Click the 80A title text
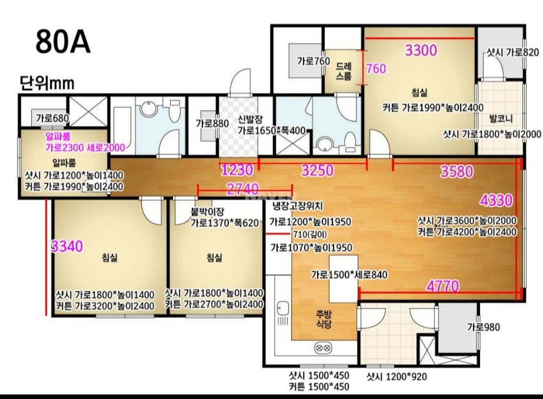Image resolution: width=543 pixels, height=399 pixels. (x=63, y=41)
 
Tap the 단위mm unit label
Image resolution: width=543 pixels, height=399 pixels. (x=47, y=83)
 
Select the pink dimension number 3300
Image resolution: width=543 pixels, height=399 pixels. (x=421, y=51)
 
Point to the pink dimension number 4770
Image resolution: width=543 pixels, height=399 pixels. (x=443, y=286)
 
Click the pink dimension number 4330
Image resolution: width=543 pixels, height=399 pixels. (x=496, y=200)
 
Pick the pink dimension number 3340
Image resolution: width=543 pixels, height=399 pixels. (x=67, y=246)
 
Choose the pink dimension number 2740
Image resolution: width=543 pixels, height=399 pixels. (x=242, y=189)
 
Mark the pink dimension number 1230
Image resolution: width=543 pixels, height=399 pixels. (x=237, y=170)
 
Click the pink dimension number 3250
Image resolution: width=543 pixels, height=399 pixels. (x=317, y=170)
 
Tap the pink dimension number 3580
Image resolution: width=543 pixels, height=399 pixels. (x=457, y=171)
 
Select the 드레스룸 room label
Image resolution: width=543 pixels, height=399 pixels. (x=343, y=71)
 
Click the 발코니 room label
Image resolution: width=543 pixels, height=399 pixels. (x=501, y=119)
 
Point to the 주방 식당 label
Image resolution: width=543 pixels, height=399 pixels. (x=324, y=320)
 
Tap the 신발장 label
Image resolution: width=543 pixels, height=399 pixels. (x=250, y=119)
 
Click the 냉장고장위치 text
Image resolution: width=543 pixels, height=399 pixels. (x=298, y=206)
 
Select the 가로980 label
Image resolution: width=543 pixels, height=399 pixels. (x=484, y=327)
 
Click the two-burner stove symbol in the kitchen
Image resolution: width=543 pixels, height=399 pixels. (x=323, y=348)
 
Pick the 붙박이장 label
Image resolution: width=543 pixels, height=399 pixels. (x=208, y=211)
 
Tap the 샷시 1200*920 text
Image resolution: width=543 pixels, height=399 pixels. (x=397, y=376)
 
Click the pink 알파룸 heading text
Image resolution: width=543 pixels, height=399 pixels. (x=58, y=136)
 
